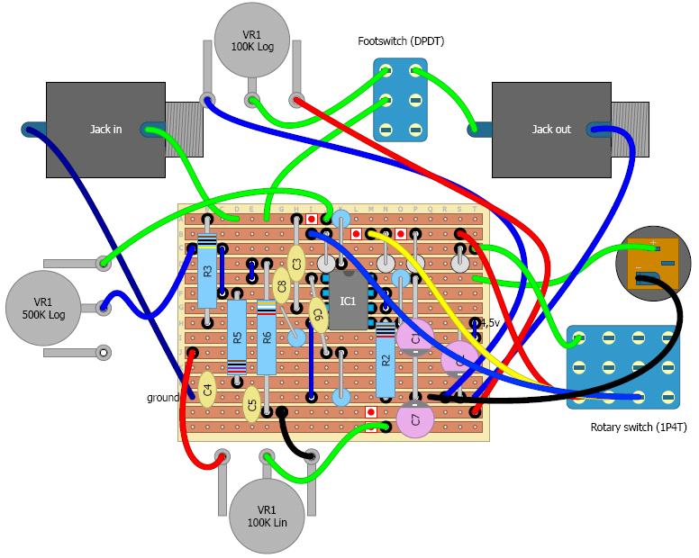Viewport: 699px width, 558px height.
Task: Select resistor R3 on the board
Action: coord(207,270)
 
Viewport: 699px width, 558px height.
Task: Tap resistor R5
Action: coord(236,337)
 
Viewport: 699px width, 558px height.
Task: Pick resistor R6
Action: coord(267,339)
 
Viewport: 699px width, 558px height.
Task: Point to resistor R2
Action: coord(386,360)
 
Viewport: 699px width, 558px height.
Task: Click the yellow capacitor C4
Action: coord(207,391)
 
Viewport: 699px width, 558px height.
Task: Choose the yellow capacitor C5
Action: coord(251,402)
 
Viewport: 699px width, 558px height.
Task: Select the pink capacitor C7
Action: coord(415,419)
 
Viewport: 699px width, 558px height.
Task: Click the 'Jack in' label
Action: coord(105,130)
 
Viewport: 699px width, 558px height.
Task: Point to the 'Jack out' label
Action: coord(550,130)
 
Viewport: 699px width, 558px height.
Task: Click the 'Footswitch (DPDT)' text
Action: coord(400,41)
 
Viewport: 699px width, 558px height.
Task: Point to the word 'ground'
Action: coord(163,397)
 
